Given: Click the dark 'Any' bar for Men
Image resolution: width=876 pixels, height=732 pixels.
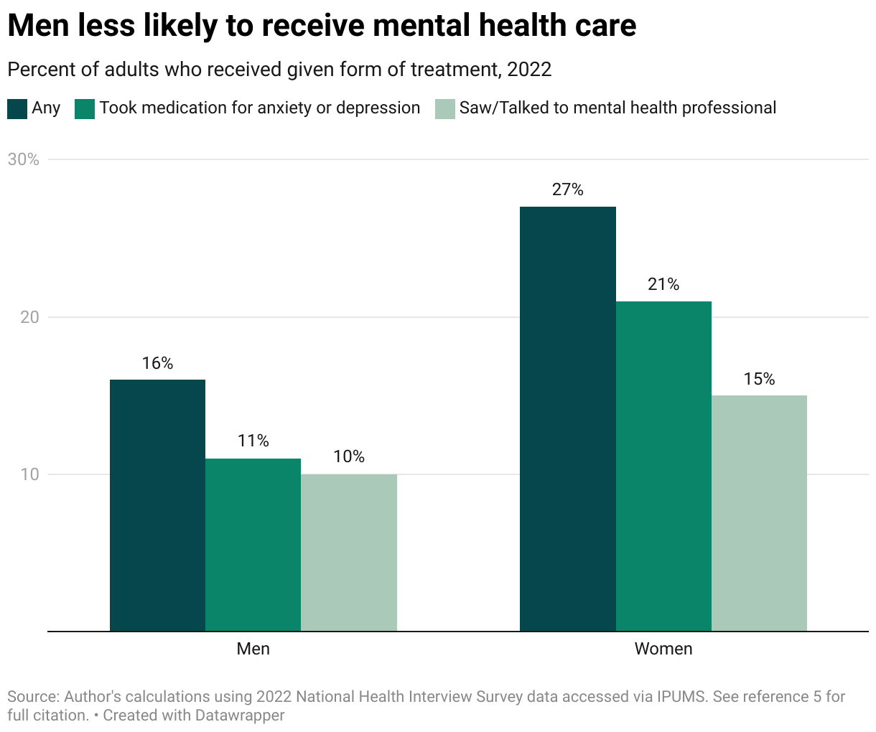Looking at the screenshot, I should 157,505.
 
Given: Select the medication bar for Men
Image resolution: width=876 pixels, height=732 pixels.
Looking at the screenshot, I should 253,545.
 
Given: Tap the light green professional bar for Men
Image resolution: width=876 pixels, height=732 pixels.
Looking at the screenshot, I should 349,553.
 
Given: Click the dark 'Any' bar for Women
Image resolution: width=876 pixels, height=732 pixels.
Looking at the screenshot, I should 567,419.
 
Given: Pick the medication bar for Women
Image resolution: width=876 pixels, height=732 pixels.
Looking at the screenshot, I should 663,466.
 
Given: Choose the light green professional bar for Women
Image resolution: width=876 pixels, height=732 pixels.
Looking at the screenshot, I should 759,513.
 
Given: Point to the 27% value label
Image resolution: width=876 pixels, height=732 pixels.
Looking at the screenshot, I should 567,190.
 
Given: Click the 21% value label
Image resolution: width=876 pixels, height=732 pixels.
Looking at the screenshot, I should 663,285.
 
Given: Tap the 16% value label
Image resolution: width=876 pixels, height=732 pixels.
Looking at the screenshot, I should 157,364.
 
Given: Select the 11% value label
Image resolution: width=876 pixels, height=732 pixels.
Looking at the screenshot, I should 253,441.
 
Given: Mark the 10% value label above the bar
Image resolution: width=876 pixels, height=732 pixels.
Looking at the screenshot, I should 349,457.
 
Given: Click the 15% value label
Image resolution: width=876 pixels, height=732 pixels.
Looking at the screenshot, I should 759,379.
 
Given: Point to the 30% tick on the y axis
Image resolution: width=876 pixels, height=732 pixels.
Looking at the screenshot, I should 23,159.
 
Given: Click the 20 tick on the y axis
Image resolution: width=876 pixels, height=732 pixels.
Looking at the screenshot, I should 29,317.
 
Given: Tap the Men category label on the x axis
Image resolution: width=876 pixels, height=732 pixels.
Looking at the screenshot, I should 253,649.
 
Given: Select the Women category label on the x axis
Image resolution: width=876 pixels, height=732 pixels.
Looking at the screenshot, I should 663,649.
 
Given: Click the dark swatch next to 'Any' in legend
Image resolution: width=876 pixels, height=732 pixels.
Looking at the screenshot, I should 17,108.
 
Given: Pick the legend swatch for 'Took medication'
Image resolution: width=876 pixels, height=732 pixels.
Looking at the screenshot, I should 85,108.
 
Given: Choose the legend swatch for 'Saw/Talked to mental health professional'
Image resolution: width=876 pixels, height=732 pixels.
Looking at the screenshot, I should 445,108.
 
